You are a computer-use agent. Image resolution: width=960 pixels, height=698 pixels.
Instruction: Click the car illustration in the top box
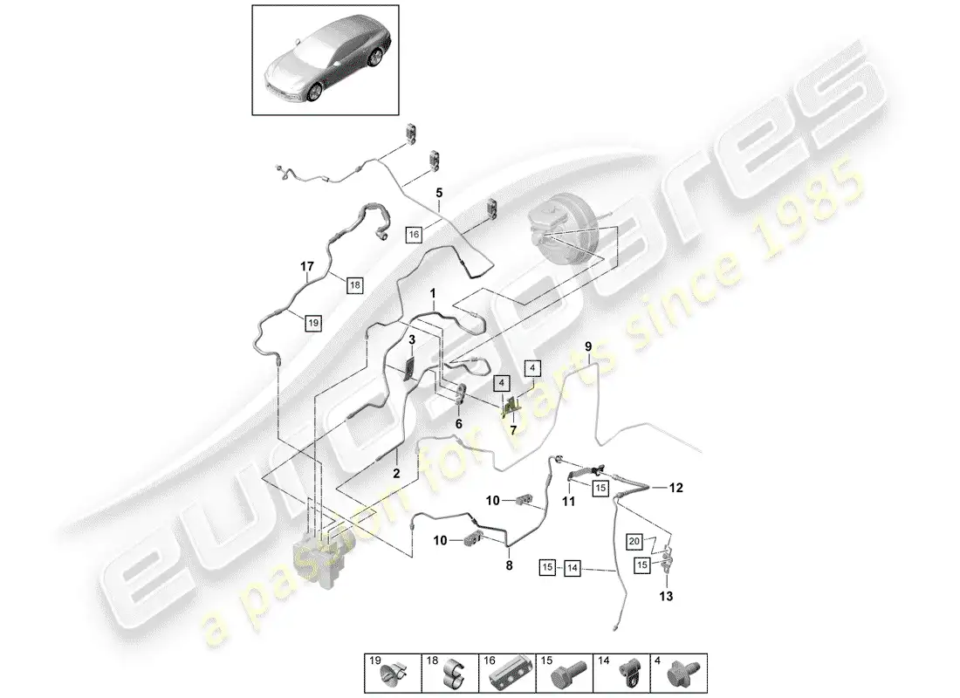pos(326,61)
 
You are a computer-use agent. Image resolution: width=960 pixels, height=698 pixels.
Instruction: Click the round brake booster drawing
pos(563,229)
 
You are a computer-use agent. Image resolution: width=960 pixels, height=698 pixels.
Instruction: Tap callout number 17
pos(306,266)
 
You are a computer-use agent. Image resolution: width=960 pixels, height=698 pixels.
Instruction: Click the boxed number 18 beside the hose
pos(354,284)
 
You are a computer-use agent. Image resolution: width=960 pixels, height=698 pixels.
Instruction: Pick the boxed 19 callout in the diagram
pos(312,323)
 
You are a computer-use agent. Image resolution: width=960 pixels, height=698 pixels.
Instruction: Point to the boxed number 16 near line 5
pos(414,234)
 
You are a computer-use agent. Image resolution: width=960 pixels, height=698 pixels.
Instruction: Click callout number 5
pos(439,193)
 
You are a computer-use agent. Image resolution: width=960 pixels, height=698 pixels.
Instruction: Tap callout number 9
pos(588,346)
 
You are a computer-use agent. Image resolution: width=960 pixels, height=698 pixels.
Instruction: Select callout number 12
pos(675,488)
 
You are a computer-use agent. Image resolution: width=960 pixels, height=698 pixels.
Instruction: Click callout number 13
pos(666,596)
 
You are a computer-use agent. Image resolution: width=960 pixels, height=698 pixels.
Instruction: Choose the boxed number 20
pos(634,541)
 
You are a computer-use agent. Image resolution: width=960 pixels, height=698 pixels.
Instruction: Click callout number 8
pos(509,565)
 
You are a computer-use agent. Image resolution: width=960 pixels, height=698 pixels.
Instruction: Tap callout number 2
pos(396,473)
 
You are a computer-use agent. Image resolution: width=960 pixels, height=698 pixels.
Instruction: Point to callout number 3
pos(412,339)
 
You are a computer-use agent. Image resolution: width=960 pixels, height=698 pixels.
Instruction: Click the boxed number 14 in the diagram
pos(572,568)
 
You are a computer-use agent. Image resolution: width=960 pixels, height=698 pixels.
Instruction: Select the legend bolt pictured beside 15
pos(567,677)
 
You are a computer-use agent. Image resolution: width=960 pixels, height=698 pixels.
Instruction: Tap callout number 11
pos(569,502)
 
